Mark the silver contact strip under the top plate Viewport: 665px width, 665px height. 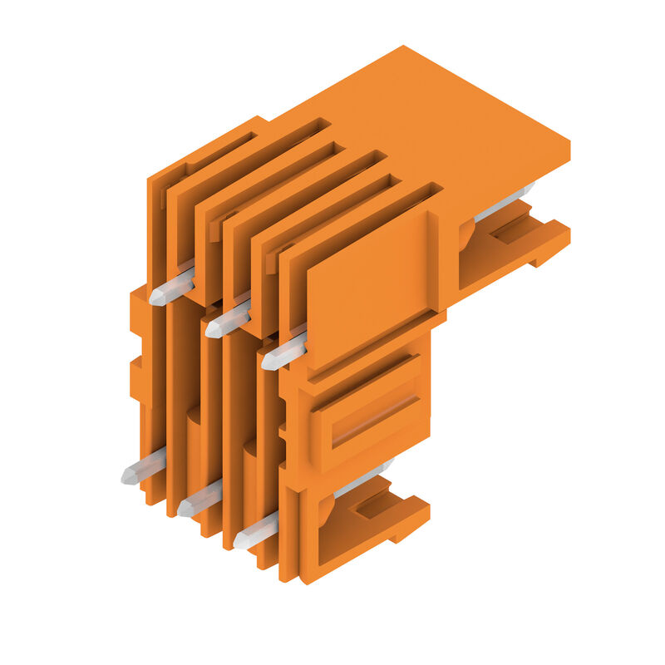coord(502,203)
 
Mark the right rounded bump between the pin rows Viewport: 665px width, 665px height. coord(249,450)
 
